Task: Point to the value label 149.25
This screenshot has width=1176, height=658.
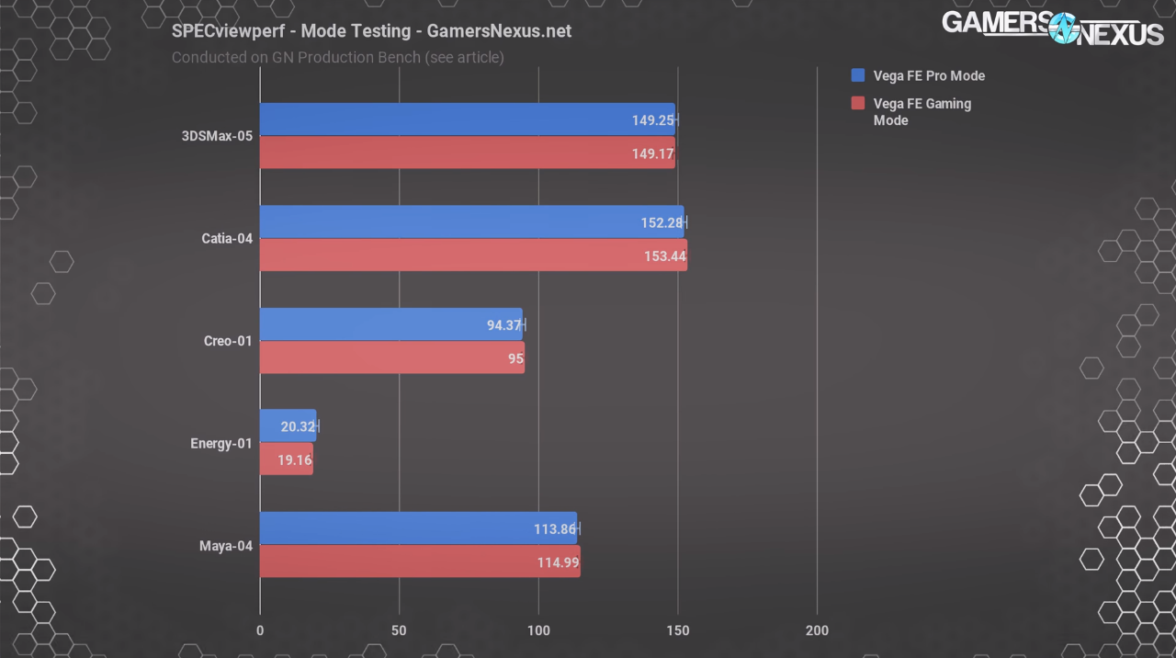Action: click(x=652, y=120)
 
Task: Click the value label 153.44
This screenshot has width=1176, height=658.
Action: click(x=665, y=255)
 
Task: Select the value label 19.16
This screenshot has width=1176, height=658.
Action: click(x=295, y=459)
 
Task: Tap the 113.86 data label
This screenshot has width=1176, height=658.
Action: click(x=555, y=528)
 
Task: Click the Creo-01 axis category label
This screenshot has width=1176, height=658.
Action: click(x=228, y=341)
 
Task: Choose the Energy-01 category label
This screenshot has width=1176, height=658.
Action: click(x=220, y=444)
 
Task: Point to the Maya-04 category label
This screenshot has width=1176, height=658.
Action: click(x=226, y=546)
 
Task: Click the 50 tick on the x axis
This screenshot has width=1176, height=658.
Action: click(x=399, y=630)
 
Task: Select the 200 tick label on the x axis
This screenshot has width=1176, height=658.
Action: click(x=816, y=630)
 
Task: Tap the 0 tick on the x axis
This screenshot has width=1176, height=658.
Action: click(x=260, y=630)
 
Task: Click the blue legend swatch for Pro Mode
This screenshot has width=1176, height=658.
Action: click(x=858, y=75)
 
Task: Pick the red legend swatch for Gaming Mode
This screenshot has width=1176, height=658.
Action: click(x=858, y=103)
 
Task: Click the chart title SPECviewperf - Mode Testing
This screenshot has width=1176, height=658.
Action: click(x=371, y=30)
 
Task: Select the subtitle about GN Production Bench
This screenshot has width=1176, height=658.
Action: click(x=337, y=57)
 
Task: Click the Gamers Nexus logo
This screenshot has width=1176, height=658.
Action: click(x=1052, y=28)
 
